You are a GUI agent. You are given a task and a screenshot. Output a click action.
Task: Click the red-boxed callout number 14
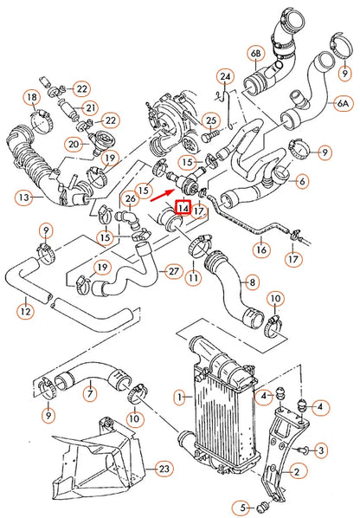[x=183, y=208]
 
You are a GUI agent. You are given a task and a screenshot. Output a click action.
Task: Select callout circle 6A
[x=344, y=102]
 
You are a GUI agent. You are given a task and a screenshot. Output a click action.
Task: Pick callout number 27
[x=173, y=271]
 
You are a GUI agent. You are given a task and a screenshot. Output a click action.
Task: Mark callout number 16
[x=259, y=249]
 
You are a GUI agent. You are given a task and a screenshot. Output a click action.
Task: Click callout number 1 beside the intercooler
[x=179, y=398]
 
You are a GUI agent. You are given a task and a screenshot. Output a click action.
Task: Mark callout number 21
[x=90, y=108]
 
